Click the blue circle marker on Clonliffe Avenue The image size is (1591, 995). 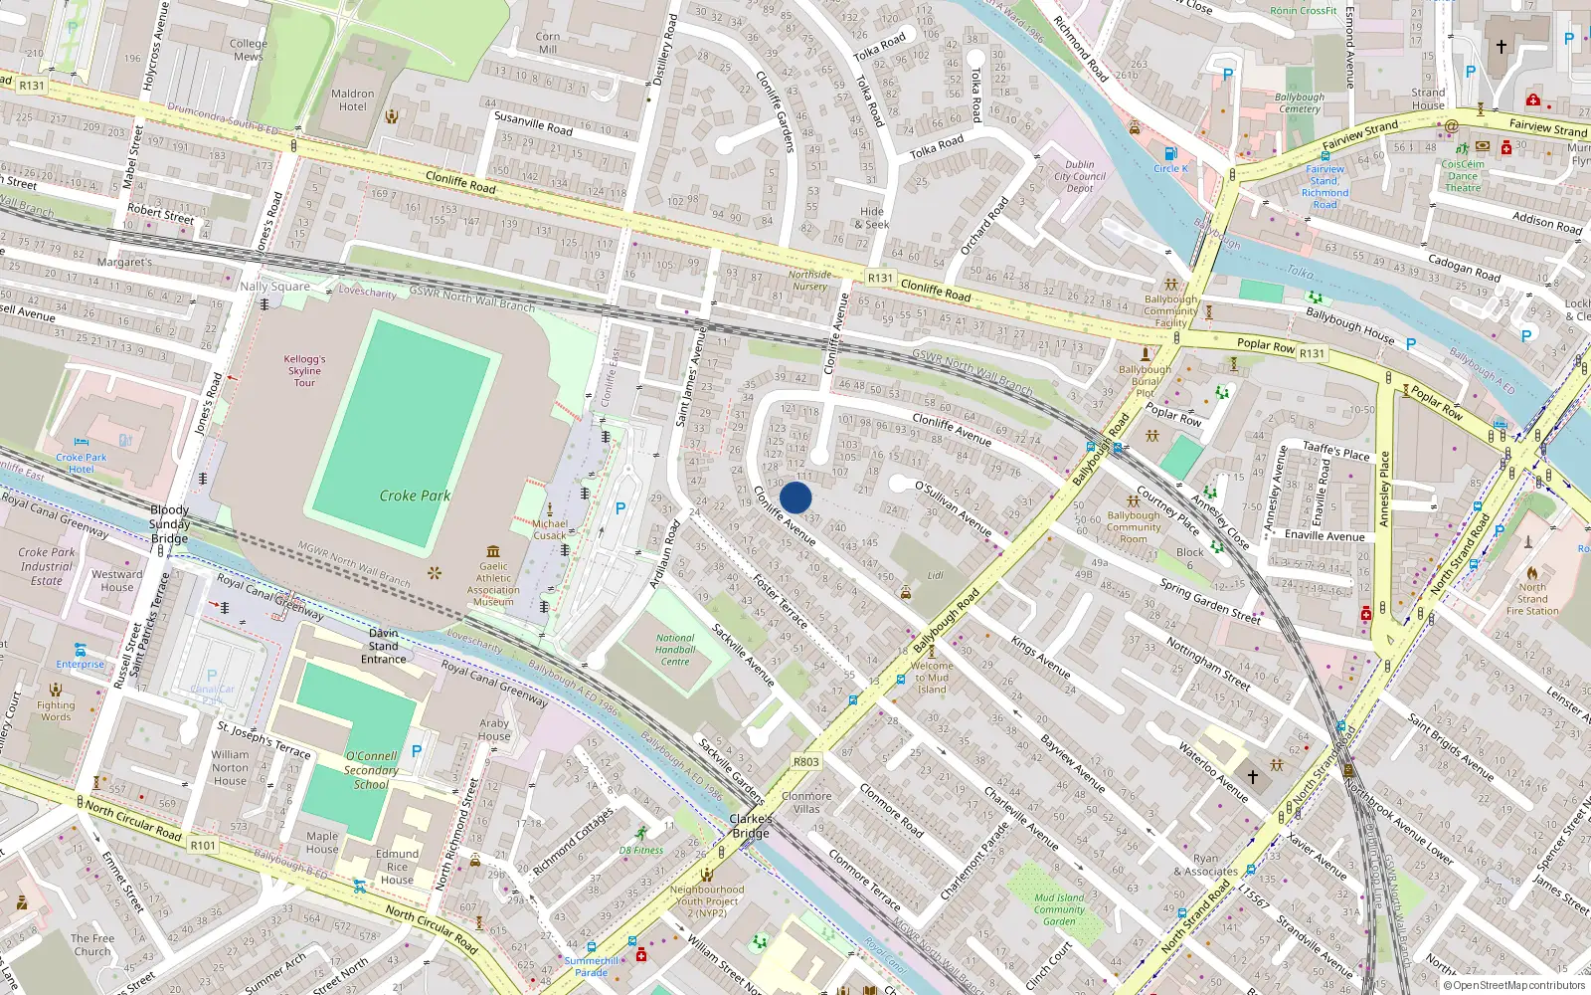click(x=795, y=497)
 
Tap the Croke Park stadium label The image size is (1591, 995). click(x=415, y=496)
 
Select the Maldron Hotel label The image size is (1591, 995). click(x=353, y=100)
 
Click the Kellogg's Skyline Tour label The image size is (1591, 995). click(x=304, y=371)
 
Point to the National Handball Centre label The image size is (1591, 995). click(x=675, y=650)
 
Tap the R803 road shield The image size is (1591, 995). click(x=806, y=762)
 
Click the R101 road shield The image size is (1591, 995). click(x=203, y=845)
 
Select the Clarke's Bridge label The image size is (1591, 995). click(x=751, y=826)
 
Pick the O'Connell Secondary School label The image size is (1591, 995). click(x=371, y=770)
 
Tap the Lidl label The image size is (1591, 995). click(x=936, y=576)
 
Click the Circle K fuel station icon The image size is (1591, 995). click(x=1170, y=154)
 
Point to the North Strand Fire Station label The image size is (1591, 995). click(x=1532, y=599)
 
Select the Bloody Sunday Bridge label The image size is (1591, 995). click(x=169, y=523)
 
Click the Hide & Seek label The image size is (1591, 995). click(x=872, y=218)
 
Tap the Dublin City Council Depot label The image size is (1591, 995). click(x=1080, y=176)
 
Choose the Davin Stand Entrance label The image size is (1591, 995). click(x=384, y=646)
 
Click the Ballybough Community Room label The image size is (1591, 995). click(x=1134, y=527)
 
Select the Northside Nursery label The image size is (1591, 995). click(x=809, y=281)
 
